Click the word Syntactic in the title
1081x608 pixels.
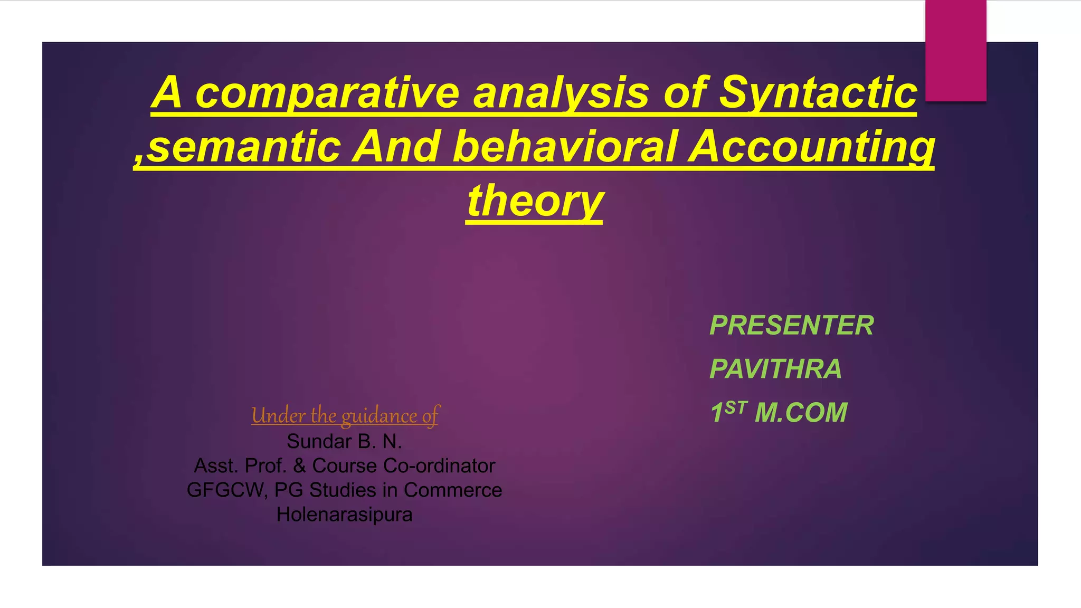click(x=818, y=92)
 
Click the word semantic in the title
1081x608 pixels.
click(x=243, y=147)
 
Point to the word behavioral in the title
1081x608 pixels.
click(x=565, y=147)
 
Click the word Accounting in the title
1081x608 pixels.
click(x=812, y=147)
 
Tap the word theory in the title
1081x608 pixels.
click(x=534, y=201)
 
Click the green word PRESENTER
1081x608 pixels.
click(x=791, y=325)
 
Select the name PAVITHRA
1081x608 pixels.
click(x=775, y=369)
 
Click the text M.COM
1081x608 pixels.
click(x=801, y=413)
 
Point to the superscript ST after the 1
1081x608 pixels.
click(x=736, y=407)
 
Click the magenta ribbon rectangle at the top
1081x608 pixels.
click(x=955, y=50)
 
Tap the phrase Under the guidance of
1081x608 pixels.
click(x=345, y=416)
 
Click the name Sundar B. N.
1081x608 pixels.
click(x=344, y=441)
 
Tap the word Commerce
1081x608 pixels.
click(x=452, y=490)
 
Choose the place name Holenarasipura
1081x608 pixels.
click(x=344, y=515)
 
